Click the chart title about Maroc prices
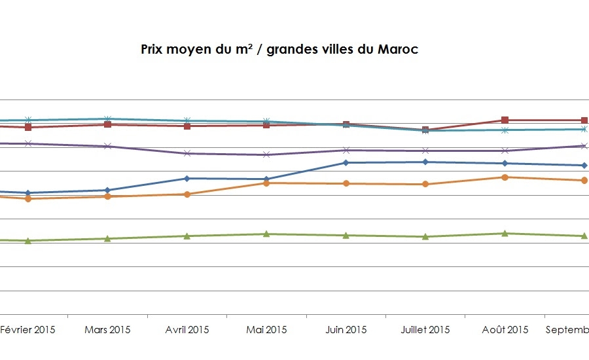coord(279,50)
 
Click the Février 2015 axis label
coord(27,329)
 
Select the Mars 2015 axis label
coord(107,329)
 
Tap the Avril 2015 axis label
coord(187,329)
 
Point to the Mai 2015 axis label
coord(266,329)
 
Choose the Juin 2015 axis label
coord(346,329)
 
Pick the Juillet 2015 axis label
coord(425,329)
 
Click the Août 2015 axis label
coord(505,329)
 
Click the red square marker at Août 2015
coord(505,120)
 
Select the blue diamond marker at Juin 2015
coord(346,162)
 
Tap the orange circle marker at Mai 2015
coord(266,183)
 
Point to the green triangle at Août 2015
coord(505,233)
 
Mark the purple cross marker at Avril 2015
coord(187,153)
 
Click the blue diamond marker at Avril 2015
coord(187,178)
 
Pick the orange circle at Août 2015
coord(505,177)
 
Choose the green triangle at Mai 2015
coord(266,234)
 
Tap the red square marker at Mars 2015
coord(107,124)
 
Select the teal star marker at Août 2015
coord(505,130)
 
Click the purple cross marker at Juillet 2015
coord(425,151)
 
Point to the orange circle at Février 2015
coord(28,198)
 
